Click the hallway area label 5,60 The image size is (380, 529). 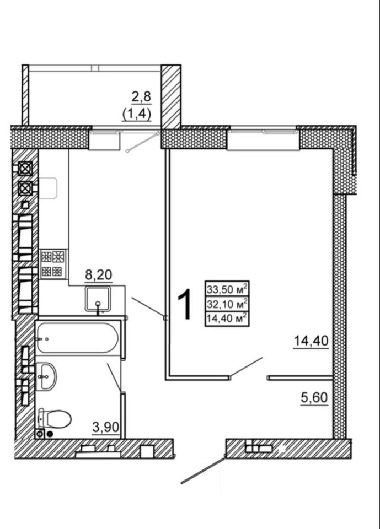point(314,397)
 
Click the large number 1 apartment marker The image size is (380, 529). point(185,304)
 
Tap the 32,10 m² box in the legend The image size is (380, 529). point(227,303)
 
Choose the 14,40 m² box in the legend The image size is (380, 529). point(227,317)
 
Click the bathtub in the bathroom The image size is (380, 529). point(77,337)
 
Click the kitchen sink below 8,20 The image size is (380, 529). point(99,299)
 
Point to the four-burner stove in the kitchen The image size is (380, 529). point(53,263)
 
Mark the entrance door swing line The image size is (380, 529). point(202,470)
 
